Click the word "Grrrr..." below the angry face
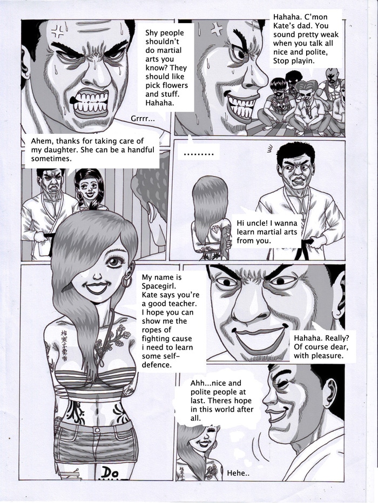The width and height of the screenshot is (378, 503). (x=143, y=119)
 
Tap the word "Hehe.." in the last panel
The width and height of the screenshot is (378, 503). (x=239, y=473)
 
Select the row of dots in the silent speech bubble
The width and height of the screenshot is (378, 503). (x=199, y=155)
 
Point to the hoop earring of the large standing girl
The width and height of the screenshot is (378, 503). (x=127, y=282)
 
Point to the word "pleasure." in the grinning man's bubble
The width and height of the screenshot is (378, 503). (x=327, y=356)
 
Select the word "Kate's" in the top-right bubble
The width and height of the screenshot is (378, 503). (x=285, y=26)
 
